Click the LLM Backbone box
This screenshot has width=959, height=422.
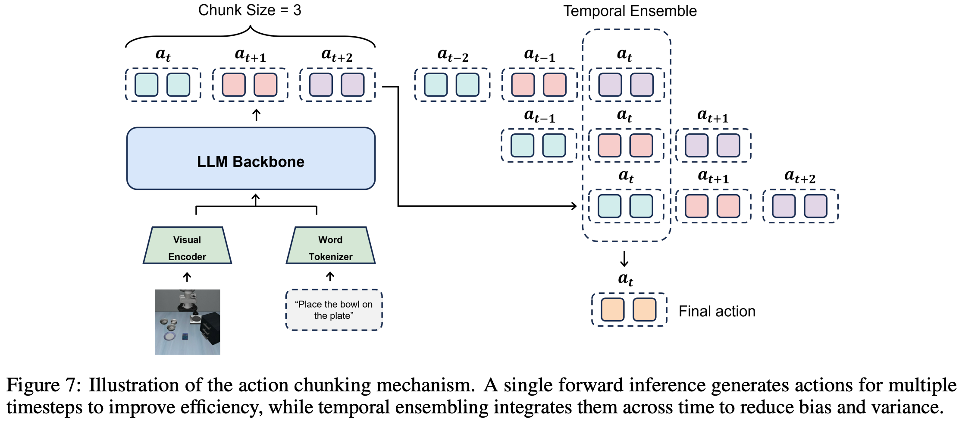click(251, 158)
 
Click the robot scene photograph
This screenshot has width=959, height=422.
click(187, 322)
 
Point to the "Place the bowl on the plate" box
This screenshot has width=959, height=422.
click(334, 310)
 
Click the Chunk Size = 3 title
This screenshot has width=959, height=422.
click(250, 10)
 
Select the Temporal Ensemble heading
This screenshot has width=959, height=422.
click(630, 11)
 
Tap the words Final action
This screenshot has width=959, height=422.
click(717, 311)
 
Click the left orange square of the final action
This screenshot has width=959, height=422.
click(612, 309)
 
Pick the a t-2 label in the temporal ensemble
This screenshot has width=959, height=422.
click(452, 55)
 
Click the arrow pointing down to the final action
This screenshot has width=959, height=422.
click(624, 258)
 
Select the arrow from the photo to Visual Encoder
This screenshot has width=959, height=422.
click(187, 277)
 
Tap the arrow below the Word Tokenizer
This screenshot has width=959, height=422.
click(330, 276)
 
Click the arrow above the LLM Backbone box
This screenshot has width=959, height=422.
click(256, 115)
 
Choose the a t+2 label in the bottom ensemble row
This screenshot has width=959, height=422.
click(800, 177)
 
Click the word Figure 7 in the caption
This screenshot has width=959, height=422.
click(43, 385)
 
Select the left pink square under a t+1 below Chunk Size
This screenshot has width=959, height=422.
click(233, 85)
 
